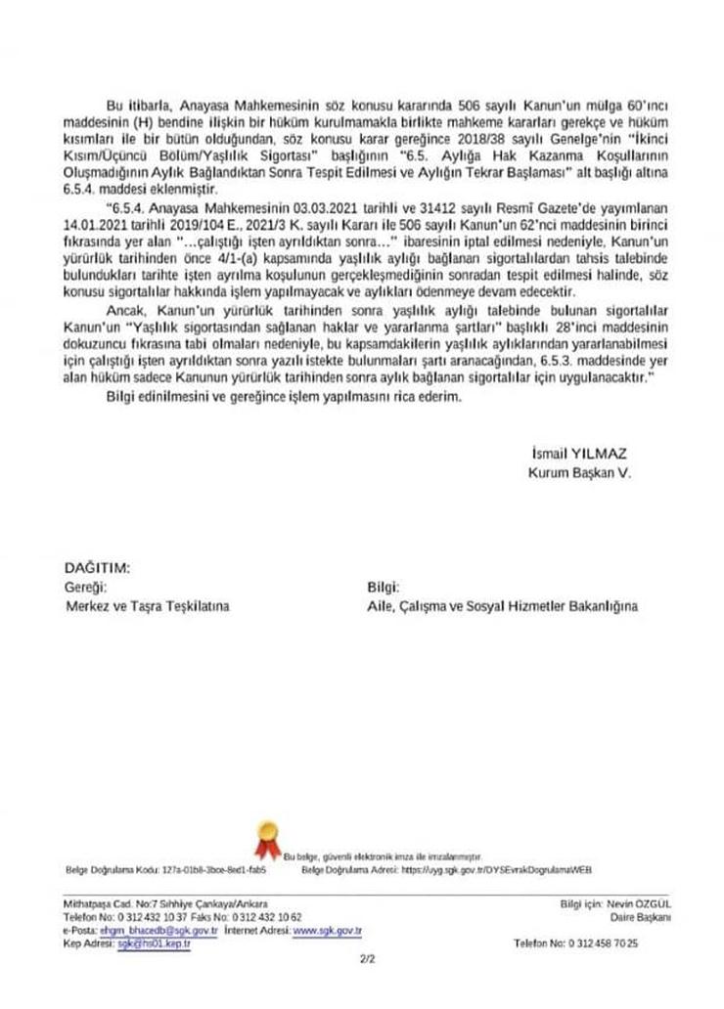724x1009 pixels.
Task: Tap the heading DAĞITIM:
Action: (96, 568)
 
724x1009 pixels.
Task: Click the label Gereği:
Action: (84, 587)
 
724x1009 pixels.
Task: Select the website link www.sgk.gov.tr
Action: (320, 932)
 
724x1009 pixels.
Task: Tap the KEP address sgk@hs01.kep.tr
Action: (155, 944)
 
